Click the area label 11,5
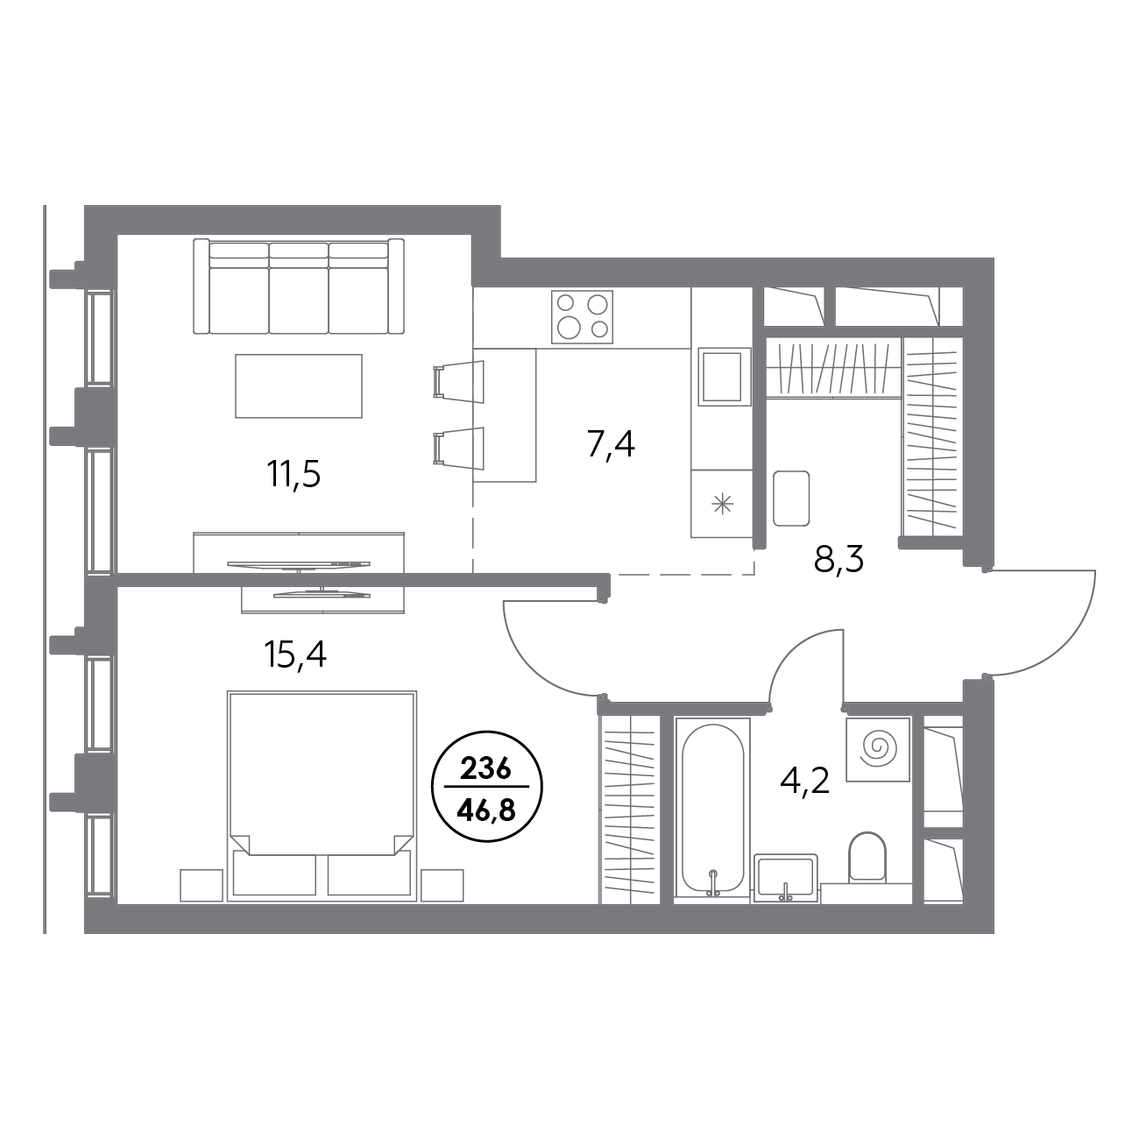coord(294,475)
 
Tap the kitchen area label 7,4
coord(612,444)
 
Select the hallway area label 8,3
coord(838,559)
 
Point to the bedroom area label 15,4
coord(296,655)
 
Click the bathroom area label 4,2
coord(805,782)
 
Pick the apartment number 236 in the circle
coord(486,769)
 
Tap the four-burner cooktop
coord(583,317)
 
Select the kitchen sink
coord(724,376)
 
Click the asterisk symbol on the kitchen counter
coord(722,504)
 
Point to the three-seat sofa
coord(299,287)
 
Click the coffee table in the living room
coord(299,386)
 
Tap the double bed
coord(322,796)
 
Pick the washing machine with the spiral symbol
coord(878,749)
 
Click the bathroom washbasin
coord(786,878)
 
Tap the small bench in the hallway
coord(791,499)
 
